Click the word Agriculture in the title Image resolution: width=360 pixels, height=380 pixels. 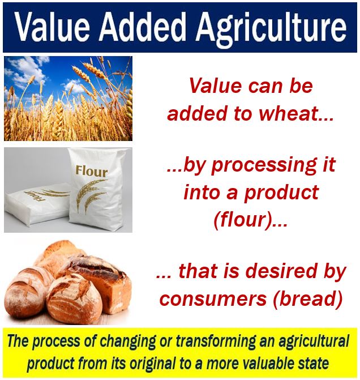(x=271, y=28)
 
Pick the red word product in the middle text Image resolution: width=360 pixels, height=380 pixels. (x=281, y=193)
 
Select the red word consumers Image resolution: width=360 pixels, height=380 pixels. (x=213, y=299)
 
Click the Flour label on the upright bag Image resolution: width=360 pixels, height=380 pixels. (x=91, y=171)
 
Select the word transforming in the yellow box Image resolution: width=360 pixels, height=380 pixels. (x=215, y=342)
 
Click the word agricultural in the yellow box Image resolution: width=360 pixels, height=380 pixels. (x=314, y=342)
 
